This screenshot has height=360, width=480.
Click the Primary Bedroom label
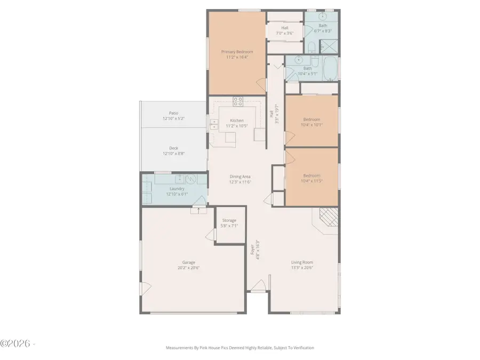click(x=237, y=52)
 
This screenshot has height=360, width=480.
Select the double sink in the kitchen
click(x=214, y=125)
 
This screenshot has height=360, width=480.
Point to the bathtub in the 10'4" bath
click(x=330, y=68)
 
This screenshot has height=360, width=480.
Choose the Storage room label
click(x=229, y=220)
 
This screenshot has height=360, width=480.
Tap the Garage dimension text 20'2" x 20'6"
click(x=188, y=268)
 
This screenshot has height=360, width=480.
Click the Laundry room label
click(x=177, y=189)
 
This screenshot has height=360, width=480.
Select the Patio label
click(x=173, y=113)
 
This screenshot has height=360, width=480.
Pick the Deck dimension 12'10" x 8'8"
click(x=173, y=154)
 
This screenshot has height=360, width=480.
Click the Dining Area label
click(x=240, y=177)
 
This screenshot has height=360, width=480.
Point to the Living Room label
click(x=302, y=262)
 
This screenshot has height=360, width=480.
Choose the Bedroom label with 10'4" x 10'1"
click(x=311, y=119)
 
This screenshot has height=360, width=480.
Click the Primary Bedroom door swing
click(x=261, y=84)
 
